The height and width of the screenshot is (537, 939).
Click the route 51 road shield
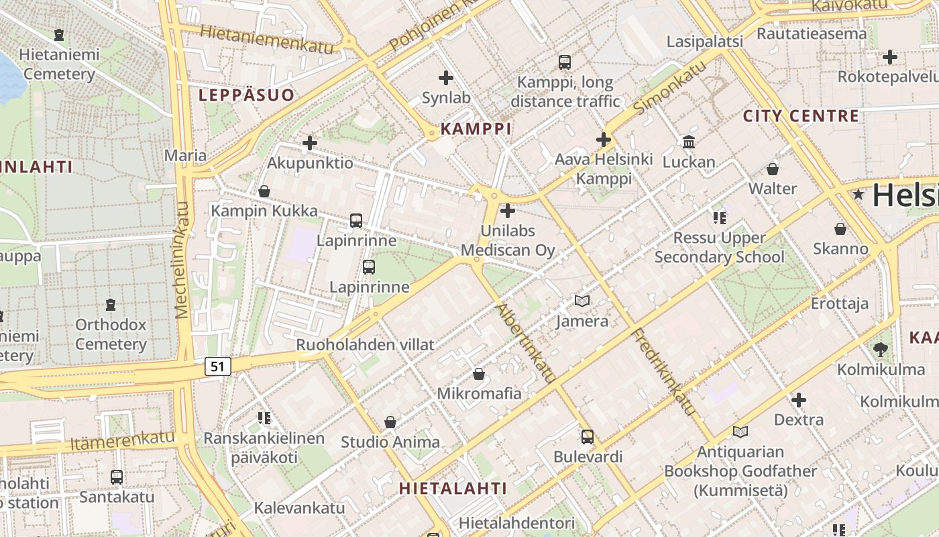click(217, 366)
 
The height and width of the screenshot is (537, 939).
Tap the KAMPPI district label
click(476, 129)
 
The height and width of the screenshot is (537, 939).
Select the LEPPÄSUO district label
click(246, 95)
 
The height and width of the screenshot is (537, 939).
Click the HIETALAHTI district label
click(453, 488)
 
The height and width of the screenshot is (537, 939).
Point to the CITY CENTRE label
click(801, 116)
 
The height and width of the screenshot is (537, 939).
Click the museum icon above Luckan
click(689, 142)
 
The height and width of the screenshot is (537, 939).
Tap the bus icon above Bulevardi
click(588, 436)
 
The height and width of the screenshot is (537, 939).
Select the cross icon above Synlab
click(445, 78)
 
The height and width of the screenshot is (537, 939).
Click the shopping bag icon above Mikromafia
click(479, 373)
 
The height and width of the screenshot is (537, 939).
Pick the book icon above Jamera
click(582, 301)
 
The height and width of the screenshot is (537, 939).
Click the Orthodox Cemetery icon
click(111, 305)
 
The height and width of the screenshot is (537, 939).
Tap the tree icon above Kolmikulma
click(881, 349)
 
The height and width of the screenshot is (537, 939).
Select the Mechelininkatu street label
click(182, 260)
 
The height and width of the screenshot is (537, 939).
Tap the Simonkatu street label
click(669, 87)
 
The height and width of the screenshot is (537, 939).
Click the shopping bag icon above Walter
click(773, 168)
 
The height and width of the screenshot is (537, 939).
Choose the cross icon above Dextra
click(798, 400)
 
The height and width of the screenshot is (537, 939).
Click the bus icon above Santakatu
click(117, 477)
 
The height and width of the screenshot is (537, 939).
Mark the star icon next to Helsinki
click(858, 195)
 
